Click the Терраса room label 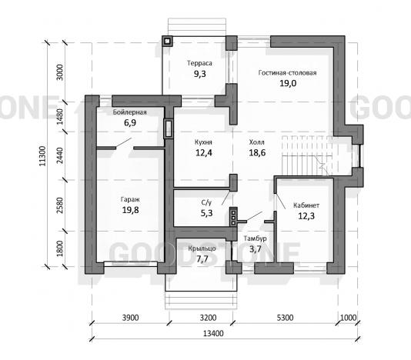click(x=199, y=63)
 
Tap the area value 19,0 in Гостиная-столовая click(x=288, y=83)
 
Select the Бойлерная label click(x=130, y=112)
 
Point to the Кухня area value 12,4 click(x=204, y=152)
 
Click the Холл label click(x=257, y=142)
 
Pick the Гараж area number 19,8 click(x=131, y=210)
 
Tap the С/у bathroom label click(x=206, y=202)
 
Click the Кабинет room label click(x=306, y=205)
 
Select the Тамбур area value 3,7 click(x=255, y=249)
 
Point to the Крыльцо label click(x=202, y=248)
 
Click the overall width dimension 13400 click(x=213, y=334)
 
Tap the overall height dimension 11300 click(x=42, y=156)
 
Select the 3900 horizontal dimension click(x=131, y=318)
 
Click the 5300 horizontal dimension click(x=285, y=318)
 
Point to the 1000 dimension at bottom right click(x=349, y=318)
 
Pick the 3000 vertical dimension click(x=60, y=72)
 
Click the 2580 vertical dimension click(x=60, y=205)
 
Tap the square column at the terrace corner click(x=167, y=41)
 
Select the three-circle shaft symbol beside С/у click(x=233, y=217)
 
